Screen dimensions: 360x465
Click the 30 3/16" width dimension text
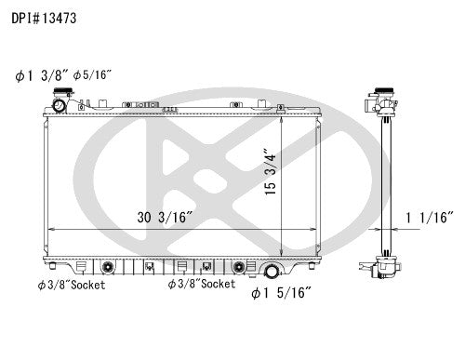tap(163, 218)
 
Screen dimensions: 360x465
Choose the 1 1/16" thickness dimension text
tap(430, 218)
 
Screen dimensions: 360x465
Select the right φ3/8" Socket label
tap(201, 284)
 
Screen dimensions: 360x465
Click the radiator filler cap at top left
tap(60, 104)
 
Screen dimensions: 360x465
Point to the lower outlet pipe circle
tap(273, 272)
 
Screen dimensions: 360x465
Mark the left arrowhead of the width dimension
tap(48, 229)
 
